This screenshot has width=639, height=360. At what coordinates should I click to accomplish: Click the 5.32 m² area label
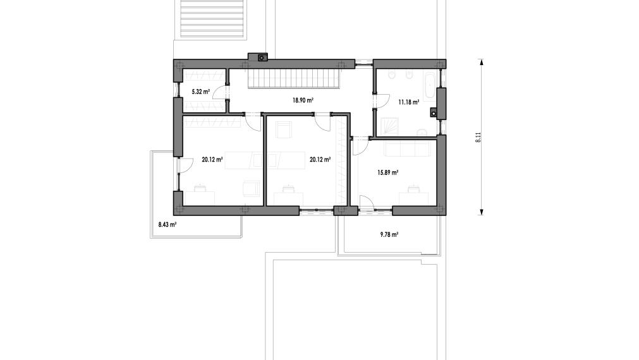(200, 92)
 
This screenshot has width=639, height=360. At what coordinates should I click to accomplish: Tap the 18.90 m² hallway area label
(303, 100)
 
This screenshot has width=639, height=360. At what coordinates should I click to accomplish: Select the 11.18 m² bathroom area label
(409, 102)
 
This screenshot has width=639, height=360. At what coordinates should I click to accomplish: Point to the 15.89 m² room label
(387, 172)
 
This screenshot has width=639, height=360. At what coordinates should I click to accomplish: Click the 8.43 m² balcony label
(167, 224)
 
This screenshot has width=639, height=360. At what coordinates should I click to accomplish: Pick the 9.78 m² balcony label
(389, 234)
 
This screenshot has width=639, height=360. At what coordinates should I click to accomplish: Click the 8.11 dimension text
(478, 137)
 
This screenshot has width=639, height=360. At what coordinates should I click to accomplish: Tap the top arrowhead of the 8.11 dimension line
(481, 62)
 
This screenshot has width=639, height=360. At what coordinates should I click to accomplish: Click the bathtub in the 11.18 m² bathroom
(430, 87)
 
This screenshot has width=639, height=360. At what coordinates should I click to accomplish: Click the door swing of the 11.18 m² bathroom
(382, 101)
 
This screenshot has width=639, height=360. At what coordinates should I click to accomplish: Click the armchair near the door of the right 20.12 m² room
(283, 129)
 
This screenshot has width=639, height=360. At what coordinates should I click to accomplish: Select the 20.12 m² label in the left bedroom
(212, 160)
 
